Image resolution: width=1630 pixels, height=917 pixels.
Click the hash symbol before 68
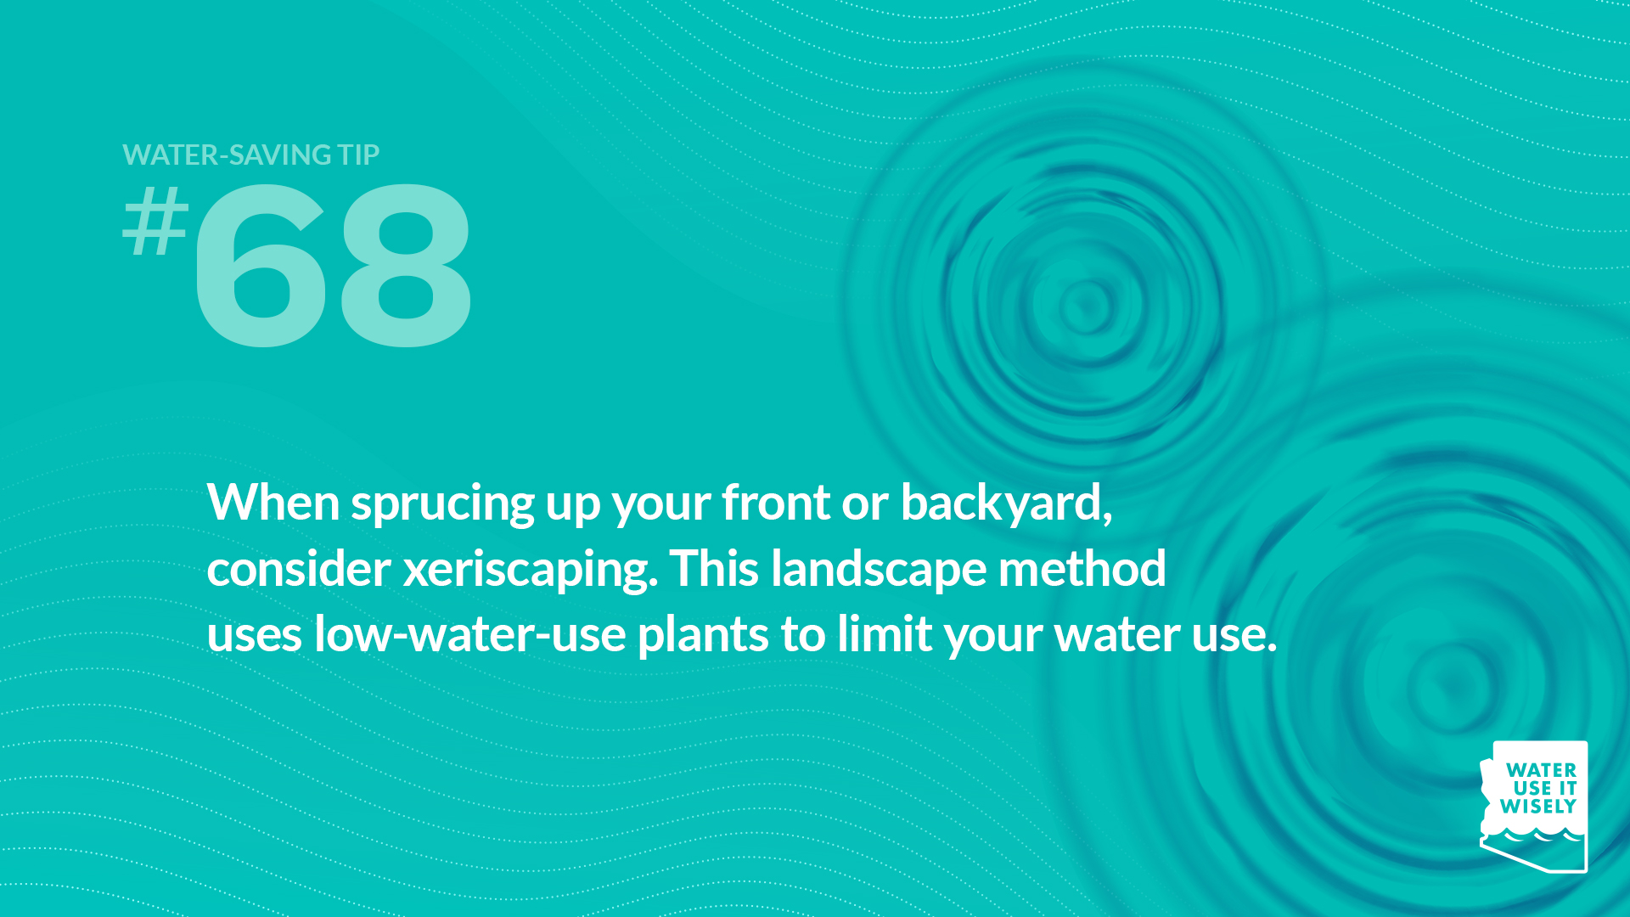pyautogui.click(x=155, y=221)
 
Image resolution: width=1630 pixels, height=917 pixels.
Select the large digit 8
pyautogui.click(x=405, y=266)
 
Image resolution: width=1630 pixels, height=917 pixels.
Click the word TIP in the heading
pyautogui.click(x=358, y=155)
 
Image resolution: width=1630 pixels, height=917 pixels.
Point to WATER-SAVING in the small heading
pyautogui.click(x=227, y=155)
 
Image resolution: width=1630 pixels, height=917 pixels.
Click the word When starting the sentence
pyautogui.click(x=273, y=502)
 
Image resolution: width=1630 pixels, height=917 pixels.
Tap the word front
pyautogui.click(x=776, y=502)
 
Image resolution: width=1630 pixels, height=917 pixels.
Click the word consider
pyautogui.click(x=299, y=568)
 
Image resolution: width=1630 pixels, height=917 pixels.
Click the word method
pyautogui.click(x=1082, y=568)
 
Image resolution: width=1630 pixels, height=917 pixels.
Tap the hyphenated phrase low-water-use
pyautogui.click(x=470, y=634)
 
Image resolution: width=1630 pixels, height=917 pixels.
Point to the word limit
pyautogui.click(x=885, y=633)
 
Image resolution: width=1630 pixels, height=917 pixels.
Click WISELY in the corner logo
pyautogui.click(x=1538, y=807)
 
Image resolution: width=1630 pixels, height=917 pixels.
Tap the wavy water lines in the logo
pyautogui.click(x=1533, y=836)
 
